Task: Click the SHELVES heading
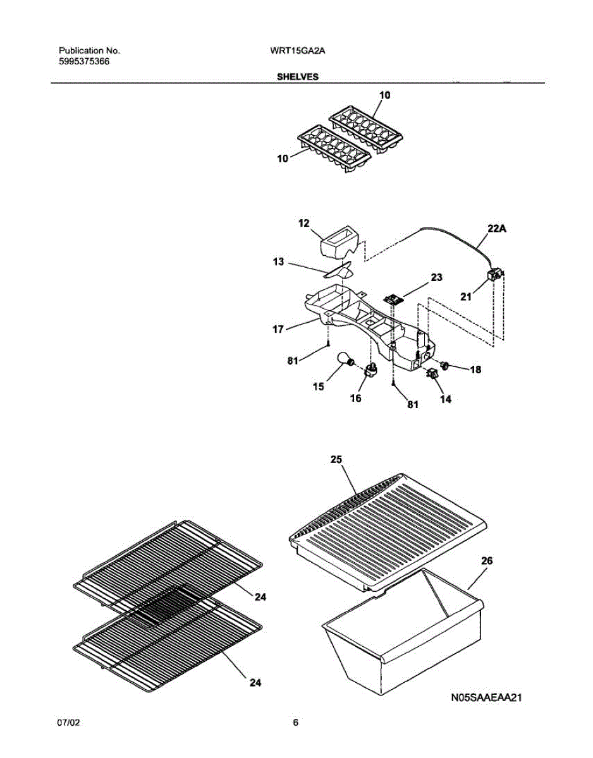[x=296, y=77]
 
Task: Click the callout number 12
[x=304, y=223]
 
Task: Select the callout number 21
[x=466, y=296]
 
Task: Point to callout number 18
[x=475, y=370]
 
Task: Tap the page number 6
[x=295, y=723]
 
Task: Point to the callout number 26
[x=486, y=560]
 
